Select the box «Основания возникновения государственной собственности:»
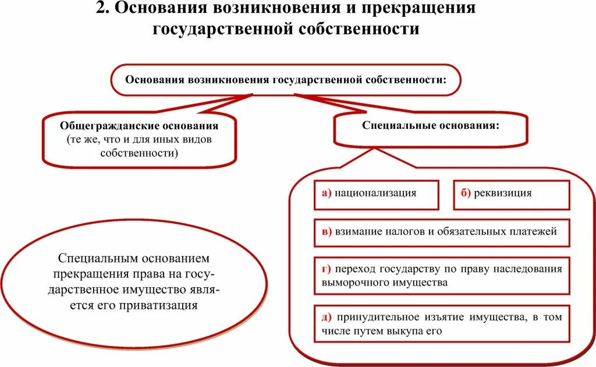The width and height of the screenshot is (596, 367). coord(285,80)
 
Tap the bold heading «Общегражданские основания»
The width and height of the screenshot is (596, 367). coord(139,126)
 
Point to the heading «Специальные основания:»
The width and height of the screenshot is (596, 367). coord(431,126)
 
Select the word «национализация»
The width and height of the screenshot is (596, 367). coord(375,193)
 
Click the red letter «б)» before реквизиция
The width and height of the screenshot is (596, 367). coord(465,193)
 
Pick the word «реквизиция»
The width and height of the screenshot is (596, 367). coord(503,193)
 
